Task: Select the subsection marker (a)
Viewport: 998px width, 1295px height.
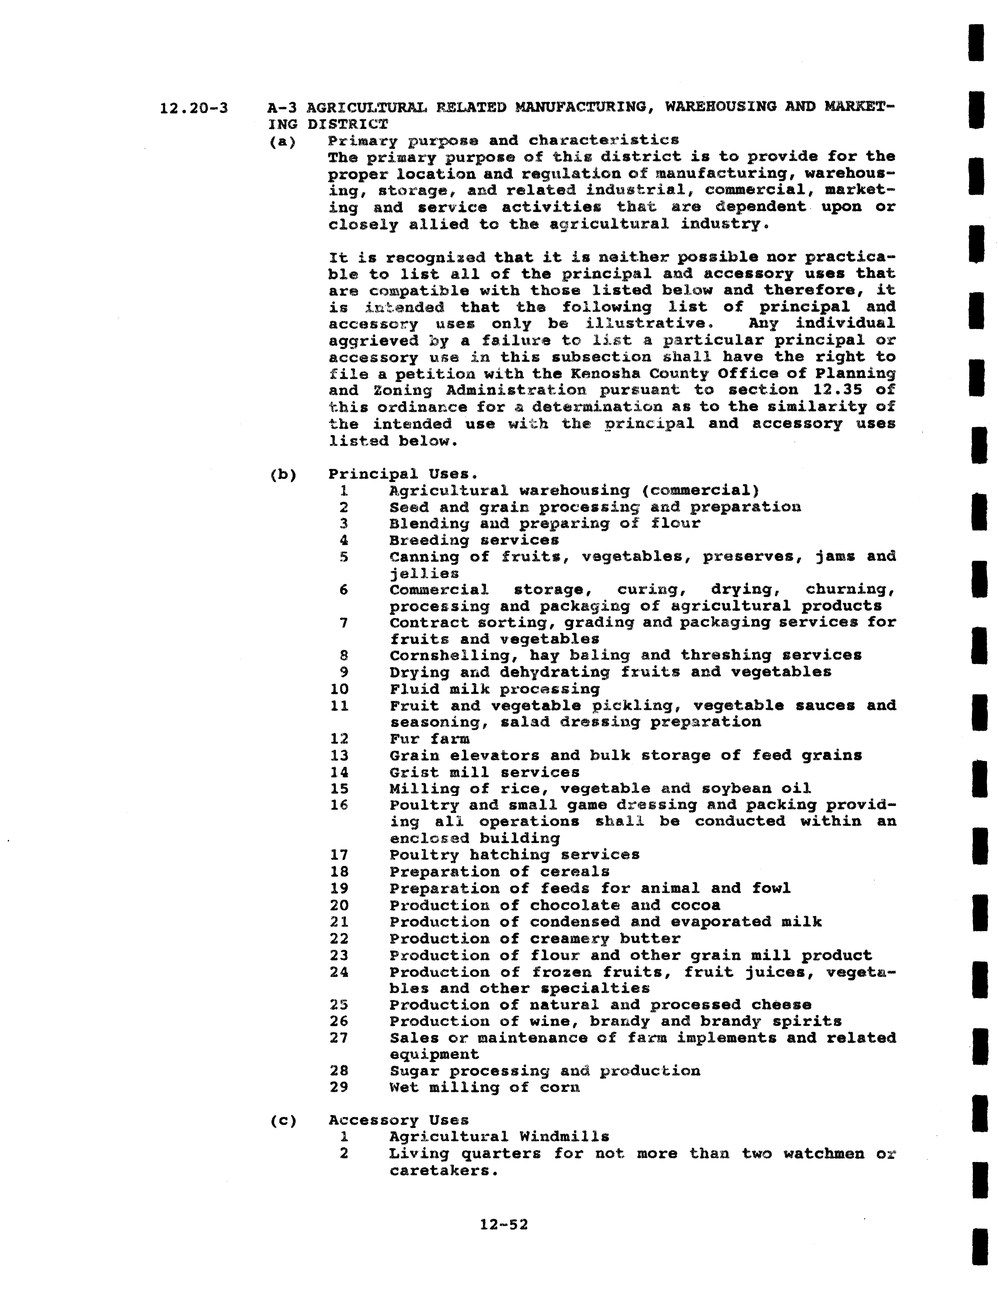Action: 282,142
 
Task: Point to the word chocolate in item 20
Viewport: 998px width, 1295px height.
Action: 575,905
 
